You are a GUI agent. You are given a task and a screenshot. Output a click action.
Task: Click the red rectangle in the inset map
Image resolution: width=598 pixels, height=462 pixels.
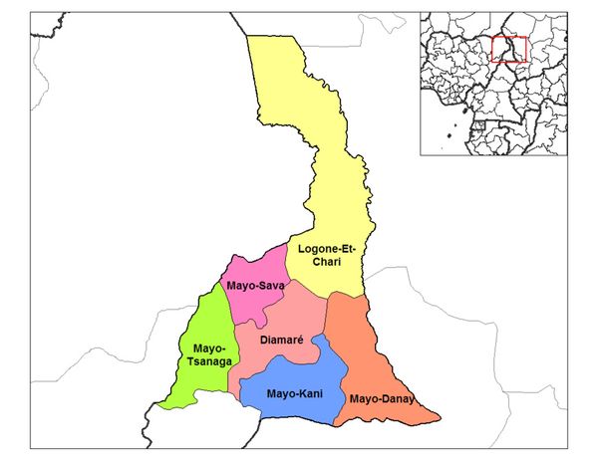[509, 47]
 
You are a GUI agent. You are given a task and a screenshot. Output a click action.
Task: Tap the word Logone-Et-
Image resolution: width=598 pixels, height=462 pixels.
[319, 247]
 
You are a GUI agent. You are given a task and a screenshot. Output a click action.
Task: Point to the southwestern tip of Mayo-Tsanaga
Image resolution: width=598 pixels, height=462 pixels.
[159, 406]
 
